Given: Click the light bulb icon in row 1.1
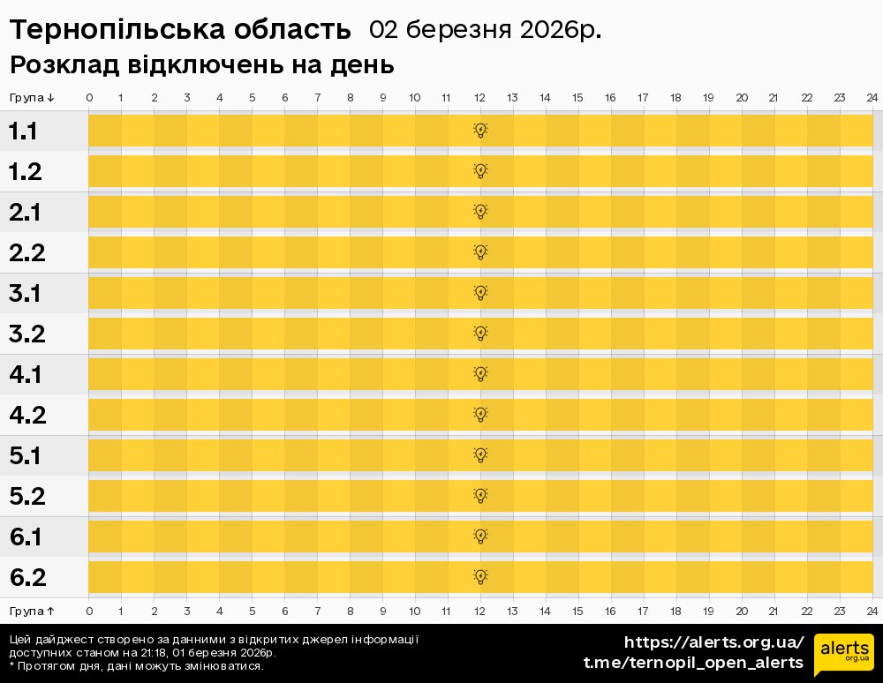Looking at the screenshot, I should pos(480,131).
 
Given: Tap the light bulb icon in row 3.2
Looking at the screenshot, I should pos(480,333).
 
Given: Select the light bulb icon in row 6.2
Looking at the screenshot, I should pos(480,576).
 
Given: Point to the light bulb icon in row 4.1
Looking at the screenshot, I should pos(480,373).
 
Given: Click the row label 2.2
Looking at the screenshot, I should pos(26,253).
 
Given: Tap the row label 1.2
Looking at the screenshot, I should pos(26,172).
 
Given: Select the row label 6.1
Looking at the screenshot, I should pos(26,537).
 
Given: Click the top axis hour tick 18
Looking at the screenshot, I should pos(675,97).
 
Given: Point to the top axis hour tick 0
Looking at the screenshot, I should pos(89,97).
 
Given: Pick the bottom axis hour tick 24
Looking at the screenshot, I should pos(872,611).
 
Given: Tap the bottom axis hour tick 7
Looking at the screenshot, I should pos(318,611).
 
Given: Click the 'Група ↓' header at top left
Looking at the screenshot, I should pos(32,97).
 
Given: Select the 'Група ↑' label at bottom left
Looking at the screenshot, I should pos(32,611).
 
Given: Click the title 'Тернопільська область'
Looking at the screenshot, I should pos(180,30).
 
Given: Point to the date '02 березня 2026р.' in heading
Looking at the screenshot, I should pos(485,30).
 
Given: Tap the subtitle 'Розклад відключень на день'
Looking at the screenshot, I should pos(201,65).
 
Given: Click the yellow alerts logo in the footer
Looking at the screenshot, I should pos(843,653).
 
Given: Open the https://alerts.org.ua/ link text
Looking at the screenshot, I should pos(713,642).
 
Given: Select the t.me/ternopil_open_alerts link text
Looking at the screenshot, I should pos(693,663).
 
